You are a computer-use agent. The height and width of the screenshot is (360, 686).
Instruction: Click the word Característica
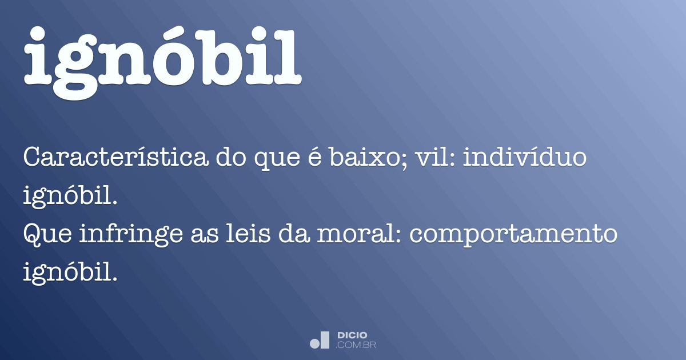(x=115, y=158)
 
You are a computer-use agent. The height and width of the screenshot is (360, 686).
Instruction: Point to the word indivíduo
(x=524, y=158)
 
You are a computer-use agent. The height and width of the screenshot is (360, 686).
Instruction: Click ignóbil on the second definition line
(x=70, y=197)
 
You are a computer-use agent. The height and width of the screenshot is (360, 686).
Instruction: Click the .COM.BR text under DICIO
(x=356, y=345)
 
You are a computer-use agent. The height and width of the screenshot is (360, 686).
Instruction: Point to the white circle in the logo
(x=315, y=343)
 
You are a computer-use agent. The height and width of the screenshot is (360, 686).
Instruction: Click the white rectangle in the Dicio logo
(x=325, y=339)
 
